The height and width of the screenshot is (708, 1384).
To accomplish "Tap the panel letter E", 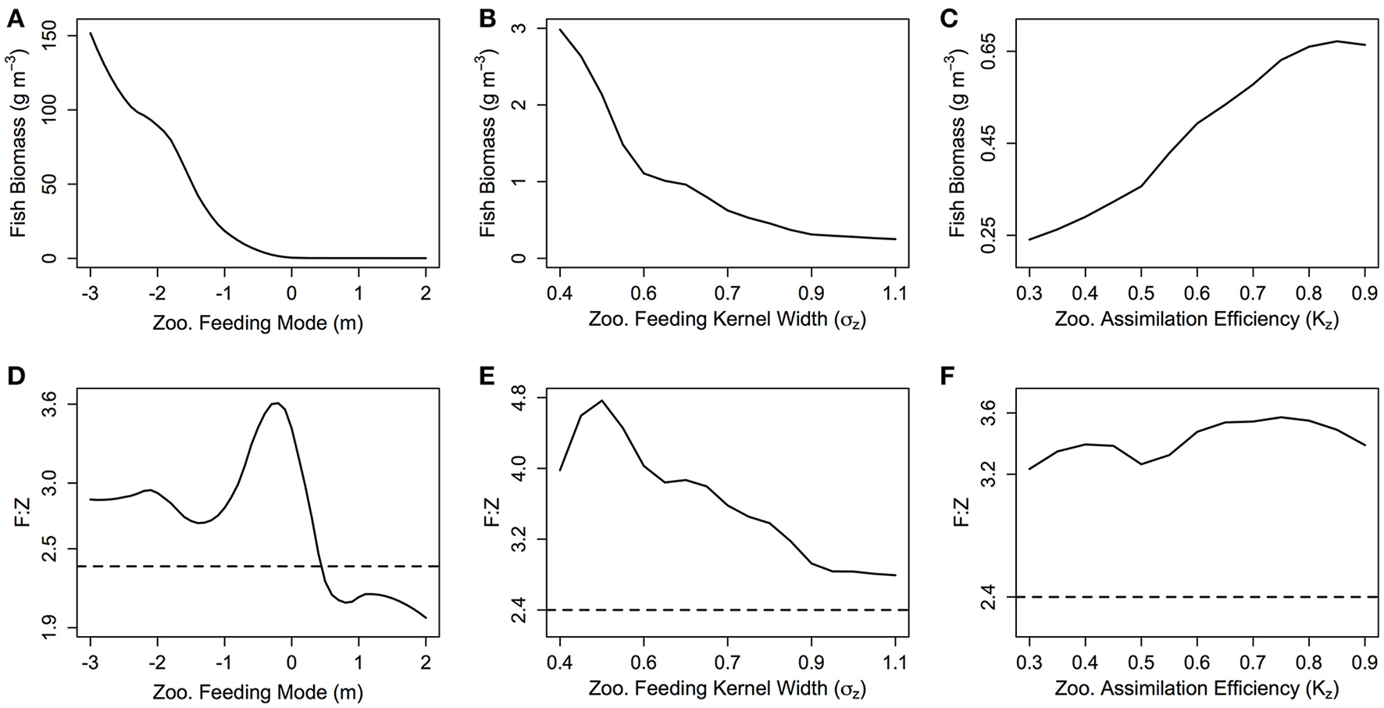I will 487,377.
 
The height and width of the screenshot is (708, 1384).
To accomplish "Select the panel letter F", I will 947,377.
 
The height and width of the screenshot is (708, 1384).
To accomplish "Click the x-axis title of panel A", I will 258,321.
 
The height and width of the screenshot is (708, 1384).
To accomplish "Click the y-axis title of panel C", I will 957,145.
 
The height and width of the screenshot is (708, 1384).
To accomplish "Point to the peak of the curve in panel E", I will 601,400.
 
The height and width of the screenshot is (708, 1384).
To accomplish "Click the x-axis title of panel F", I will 1197,689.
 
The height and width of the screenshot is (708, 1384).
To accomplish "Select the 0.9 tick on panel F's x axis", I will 1364,665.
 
